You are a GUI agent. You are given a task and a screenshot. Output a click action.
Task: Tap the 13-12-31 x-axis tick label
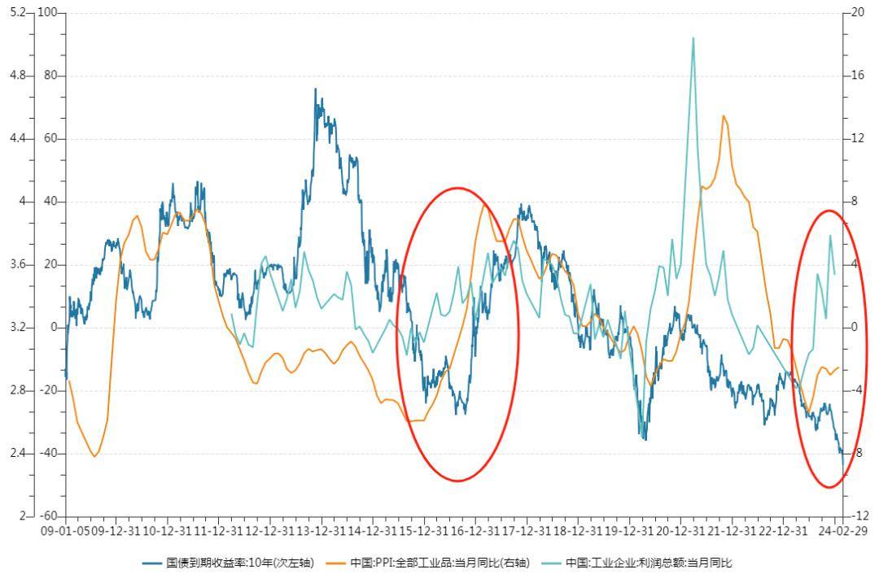321,531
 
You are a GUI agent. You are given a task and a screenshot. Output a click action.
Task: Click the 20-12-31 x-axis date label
680,531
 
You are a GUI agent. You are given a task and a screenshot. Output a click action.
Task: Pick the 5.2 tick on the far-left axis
16,13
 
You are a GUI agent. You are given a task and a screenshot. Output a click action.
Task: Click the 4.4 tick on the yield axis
16,139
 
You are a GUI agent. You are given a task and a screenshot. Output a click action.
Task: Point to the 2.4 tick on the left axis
16,454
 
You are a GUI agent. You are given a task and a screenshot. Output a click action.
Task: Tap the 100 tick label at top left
50,13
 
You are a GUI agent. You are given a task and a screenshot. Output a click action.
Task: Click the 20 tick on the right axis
858,13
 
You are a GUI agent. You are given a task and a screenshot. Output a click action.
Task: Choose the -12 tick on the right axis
858,516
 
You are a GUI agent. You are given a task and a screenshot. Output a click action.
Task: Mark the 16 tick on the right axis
858,76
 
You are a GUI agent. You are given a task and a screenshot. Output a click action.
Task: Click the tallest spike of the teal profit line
693,38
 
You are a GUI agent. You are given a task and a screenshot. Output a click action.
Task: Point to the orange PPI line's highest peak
723,115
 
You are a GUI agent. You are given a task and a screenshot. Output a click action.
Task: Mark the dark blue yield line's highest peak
316,89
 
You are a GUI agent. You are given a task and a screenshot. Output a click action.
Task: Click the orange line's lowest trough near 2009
94,457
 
